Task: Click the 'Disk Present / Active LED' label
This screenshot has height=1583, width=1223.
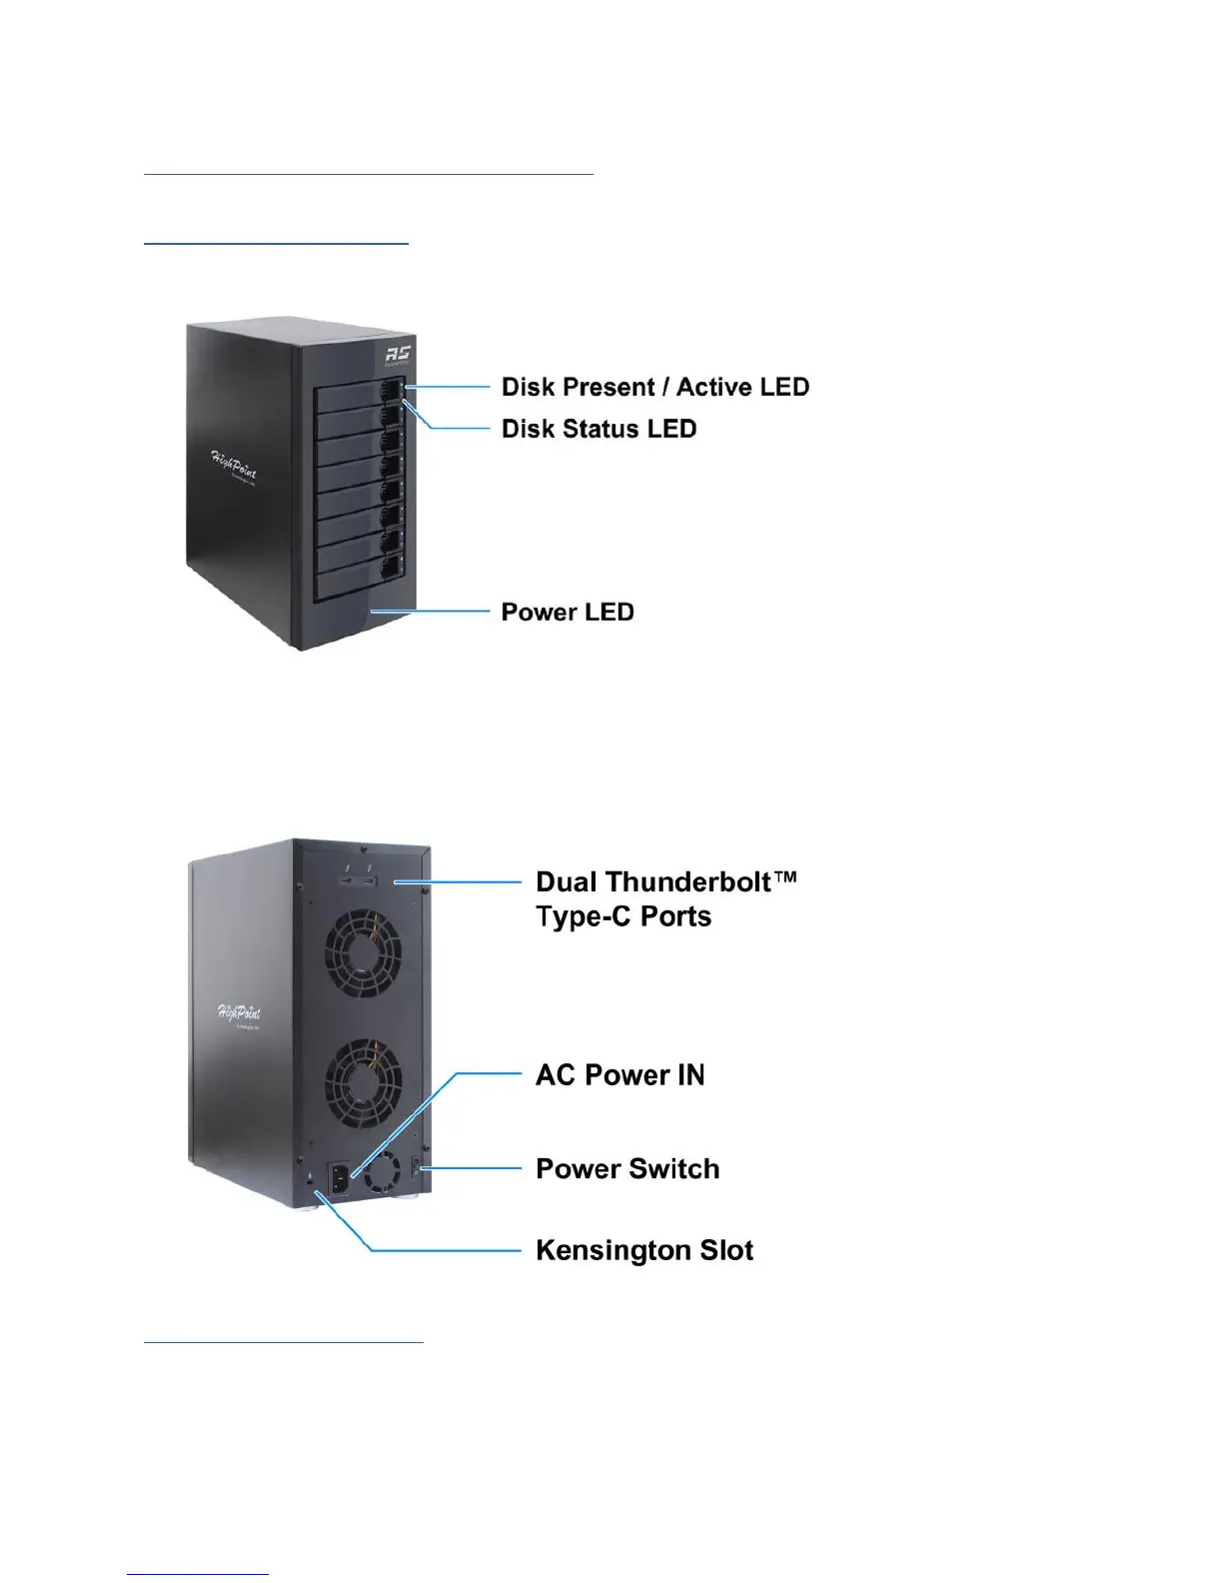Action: (654, 387)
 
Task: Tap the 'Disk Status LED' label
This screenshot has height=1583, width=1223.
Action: (599, 429)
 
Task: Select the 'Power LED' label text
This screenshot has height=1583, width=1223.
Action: (567, 612)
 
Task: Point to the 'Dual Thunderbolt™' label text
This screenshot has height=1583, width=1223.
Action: (666, 881)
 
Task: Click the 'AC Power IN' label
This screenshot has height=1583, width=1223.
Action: (619, 1074)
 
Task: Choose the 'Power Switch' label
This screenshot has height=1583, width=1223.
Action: (627, 1168)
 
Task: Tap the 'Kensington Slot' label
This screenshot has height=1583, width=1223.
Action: (644, 1250)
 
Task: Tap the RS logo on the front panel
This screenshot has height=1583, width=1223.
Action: (398, 354)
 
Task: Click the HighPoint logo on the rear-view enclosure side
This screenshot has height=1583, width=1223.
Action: (240, 1014)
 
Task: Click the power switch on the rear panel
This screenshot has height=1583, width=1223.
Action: (418, 1167)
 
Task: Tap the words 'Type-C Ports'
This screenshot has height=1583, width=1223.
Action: (623, 916)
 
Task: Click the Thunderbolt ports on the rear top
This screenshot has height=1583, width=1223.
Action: (358, 881)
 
